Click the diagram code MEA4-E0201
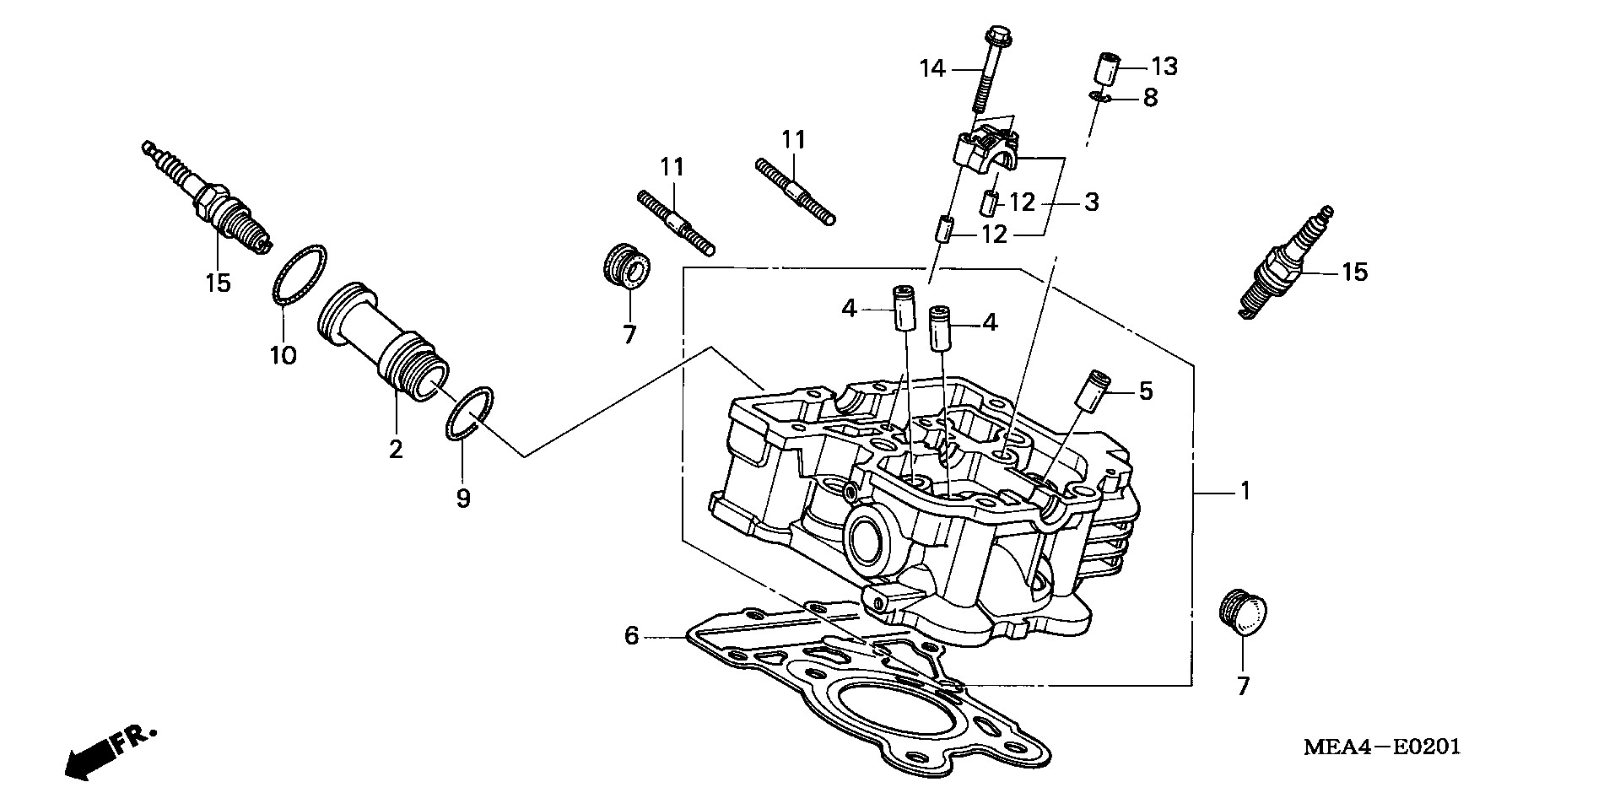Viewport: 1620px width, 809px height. click(x=1381, y=747)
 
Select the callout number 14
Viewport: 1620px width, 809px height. click(x=932, y=67)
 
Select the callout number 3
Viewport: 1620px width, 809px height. click(x=1091, y=202)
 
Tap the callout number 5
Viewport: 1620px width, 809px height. click(x=1145, y=391)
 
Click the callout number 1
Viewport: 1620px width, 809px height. click(x=1244, y=490)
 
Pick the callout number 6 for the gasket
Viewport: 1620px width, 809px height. click(x=631, y=634)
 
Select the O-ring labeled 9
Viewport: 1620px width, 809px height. click(x=469, y=413)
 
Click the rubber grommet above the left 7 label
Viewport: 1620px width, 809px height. click(x=628, y=268)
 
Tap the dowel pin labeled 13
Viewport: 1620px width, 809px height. click(x=1110, y=68)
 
